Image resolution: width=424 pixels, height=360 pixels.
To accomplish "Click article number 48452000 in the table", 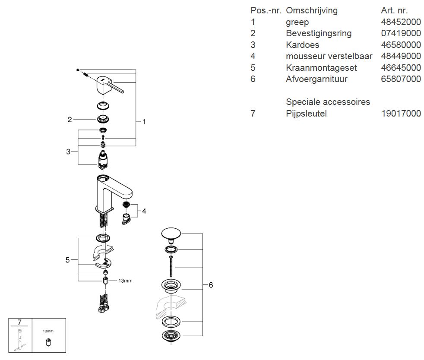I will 401,22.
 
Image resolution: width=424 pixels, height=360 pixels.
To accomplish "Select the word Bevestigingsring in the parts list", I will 319,33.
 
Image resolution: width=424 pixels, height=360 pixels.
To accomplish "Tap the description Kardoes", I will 302,45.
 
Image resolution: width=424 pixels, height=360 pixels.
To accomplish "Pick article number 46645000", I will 401,68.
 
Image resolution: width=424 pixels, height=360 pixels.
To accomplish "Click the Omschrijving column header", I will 312,10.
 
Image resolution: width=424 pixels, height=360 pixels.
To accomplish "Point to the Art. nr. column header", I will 395,10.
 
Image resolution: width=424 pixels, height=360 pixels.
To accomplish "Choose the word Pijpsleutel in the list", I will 306,114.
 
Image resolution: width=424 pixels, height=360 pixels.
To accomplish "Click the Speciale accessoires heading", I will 328,102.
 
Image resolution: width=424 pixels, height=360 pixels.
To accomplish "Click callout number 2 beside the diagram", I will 70,120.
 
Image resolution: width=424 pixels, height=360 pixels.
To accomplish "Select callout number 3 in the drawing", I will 68,152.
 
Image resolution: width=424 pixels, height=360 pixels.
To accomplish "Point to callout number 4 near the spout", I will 144,211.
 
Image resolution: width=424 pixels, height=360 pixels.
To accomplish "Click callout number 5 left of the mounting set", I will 67,260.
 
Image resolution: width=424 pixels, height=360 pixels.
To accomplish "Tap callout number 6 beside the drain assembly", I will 211,285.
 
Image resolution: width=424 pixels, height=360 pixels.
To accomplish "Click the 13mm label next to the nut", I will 125,281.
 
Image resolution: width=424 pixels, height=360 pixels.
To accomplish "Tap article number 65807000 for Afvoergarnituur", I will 401,79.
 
